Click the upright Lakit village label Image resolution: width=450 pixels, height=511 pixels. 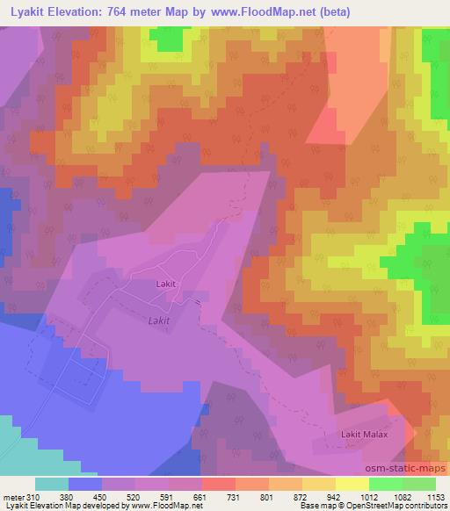point(167,284)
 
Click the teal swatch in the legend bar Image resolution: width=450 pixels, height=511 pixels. point(51,484)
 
